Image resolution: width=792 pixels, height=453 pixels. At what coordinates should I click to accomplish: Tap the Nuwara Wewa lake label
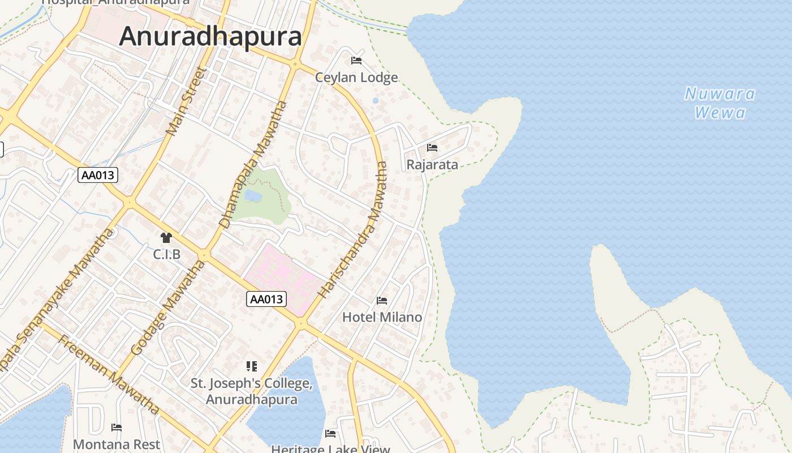click(720, 103)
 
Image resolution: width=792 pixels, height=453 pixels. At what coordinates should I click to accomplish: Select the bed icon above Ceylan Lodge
click(356, 61)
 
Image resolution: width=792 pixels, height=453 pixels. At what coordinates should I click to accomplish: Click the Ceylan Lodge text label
click(356, 78)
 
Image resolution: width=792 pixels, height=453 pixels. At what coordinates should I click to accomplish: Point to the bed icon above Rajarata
click(432, 148)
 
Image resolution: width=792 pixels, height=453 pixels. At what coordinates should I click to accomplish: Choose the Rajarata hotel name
click(432, 165)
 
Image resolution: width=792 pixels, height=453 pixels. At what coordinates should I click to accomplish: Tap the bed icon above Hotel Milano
click(382, 300)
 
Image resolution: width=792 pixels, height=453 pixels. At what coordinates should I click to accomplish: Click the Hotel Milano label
click(382, 317)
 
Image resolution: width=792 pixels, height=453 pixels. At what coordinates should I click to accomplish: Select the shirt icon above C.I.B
click(166, 238)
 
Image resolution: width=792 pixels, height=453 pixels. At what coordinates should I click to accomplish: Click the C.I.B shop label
click(166, 255)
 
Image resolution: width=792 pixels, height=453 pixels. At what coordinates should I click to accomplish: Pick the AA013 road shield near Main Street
click(98, 175)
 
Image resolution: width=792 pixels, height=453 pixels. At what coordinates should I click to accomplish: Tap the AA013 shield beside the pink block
click(266, 299)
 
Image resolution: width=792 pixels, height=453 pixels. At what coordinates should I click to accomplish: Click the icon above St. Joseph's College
click(251, 366)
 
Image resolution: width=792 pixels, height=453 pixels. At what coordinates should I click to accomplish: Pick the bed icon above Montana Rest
click(117, 428)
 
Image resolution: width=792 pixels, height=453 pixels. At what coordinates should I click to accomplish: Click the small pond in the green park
click(253, 196)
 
